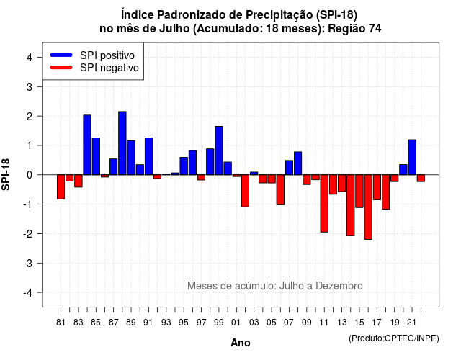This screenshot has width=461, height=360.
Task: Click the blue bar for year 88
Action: click(x=122, y=143)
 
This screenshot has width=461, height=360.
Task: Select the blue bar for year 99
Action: click(x=219, y=150)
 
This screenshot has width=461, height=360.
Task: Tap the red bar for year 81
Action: click(x=61, y=187)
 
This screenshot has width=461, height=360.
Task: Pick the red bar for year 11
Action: click(x=324, y=203)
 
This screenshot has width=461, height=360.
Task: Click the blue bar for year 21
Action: click(x=412, y=157)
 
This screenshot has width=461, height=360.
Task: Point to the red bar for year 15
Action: click(x=359, y=191)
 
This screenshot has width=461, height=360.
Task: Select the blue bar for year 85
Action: click(x=96, y=156)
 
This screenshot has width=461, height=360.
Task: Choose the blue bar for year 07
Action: click(x=289, y=168)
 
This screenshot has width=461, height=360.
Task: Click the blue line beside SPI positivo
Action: click(x=61, y=55)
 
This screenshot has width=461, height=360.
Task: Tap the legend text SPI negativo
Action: click(x=109, y=68)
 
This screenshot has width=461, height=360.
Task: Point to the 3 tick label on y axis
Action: click(x=30, y=86)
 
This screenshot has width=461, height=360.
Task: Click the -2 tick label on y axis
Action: click(x=27, y=233)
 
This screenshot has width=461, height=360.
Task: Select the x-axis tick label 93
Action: click(x=166, y=323)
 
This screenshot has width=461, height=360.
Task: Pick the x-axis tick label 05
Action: click(x=271, y=323)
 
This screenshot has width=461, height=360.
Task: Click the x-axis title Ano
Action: click(x=241, y=343)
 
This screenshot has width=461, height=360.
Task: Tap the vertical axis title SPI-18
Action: click(x=6, y=174)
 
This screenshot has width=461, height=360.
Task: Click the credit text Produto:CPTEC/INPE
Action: click(x=394, y=338)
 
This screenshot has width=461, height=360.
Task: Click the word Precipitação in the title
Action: click(x=279, y=14)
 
